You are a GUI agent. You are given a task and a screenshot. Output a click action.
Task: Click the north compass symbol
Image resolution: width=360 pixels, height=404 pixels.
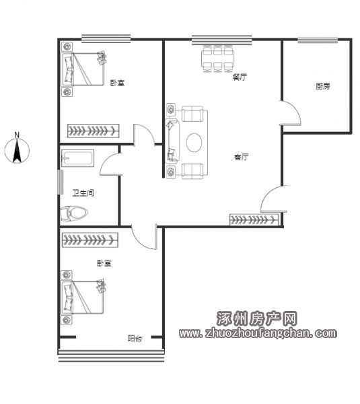(17, 149)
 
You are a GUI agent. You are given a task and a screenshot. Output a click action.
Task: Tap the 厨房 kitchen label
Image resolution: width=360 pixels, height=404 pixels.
(323, 86)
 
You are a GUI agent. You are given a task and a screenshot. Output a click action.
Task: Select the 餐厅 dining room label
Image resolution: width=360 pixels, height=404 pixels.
(240, 77)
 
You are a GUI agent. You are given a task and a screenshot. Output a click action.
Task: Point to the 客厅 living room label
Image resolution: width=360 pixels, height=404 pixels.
(242, 157)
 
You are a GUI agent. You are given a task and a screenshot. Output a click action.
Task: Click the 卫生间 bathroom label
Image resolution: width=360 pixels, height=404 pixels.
(83, 193)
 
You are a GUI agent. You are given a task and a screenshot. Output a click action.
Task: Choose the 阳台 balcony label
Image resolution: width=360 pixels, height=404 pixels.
(135, 338)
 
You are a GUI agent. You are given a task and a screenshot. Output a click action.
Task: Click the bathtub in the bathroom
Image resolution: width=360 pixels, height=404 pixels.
(77, 158)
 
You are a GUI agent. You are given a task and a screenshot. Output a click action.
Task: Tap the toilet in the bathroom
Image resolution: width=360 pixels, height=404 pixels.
(74, 213)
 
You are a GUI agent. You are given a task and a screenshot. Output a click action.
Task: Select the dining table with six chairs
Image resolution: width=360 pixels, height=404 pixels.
(218, 59)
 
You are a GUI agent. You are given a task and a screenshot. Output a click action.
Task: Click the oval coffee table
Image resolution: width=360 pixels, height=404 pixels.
(194, 143)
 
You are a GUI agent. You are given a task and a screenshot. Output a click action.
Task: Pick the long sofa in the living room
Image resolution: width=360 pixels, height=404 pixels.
(172, 141)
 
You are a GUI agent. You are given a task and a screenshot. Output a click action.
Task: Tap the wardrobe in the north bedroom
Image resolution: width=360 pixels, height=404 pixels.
(94, 131)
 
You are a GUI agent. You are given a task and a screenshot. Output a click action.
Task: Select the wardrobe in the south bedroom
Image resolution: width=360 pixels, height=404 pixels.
(90, 240)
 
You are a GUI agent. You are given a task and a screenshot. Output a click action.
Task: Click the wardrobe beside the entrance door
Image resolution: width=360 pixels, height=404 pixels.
(254, 220)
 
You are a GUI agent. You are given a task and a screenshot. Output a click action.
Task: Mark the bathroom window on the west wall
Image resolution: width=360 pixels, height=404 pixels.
(61, 182)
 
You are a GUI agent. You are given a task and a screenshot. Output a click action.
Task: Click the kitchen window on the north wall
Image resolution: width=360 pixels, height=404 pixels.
(318, 40)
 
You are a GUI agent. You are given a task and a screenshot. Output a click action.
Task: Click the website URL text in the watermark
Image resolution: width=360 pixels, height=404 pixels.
(258, 333)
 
